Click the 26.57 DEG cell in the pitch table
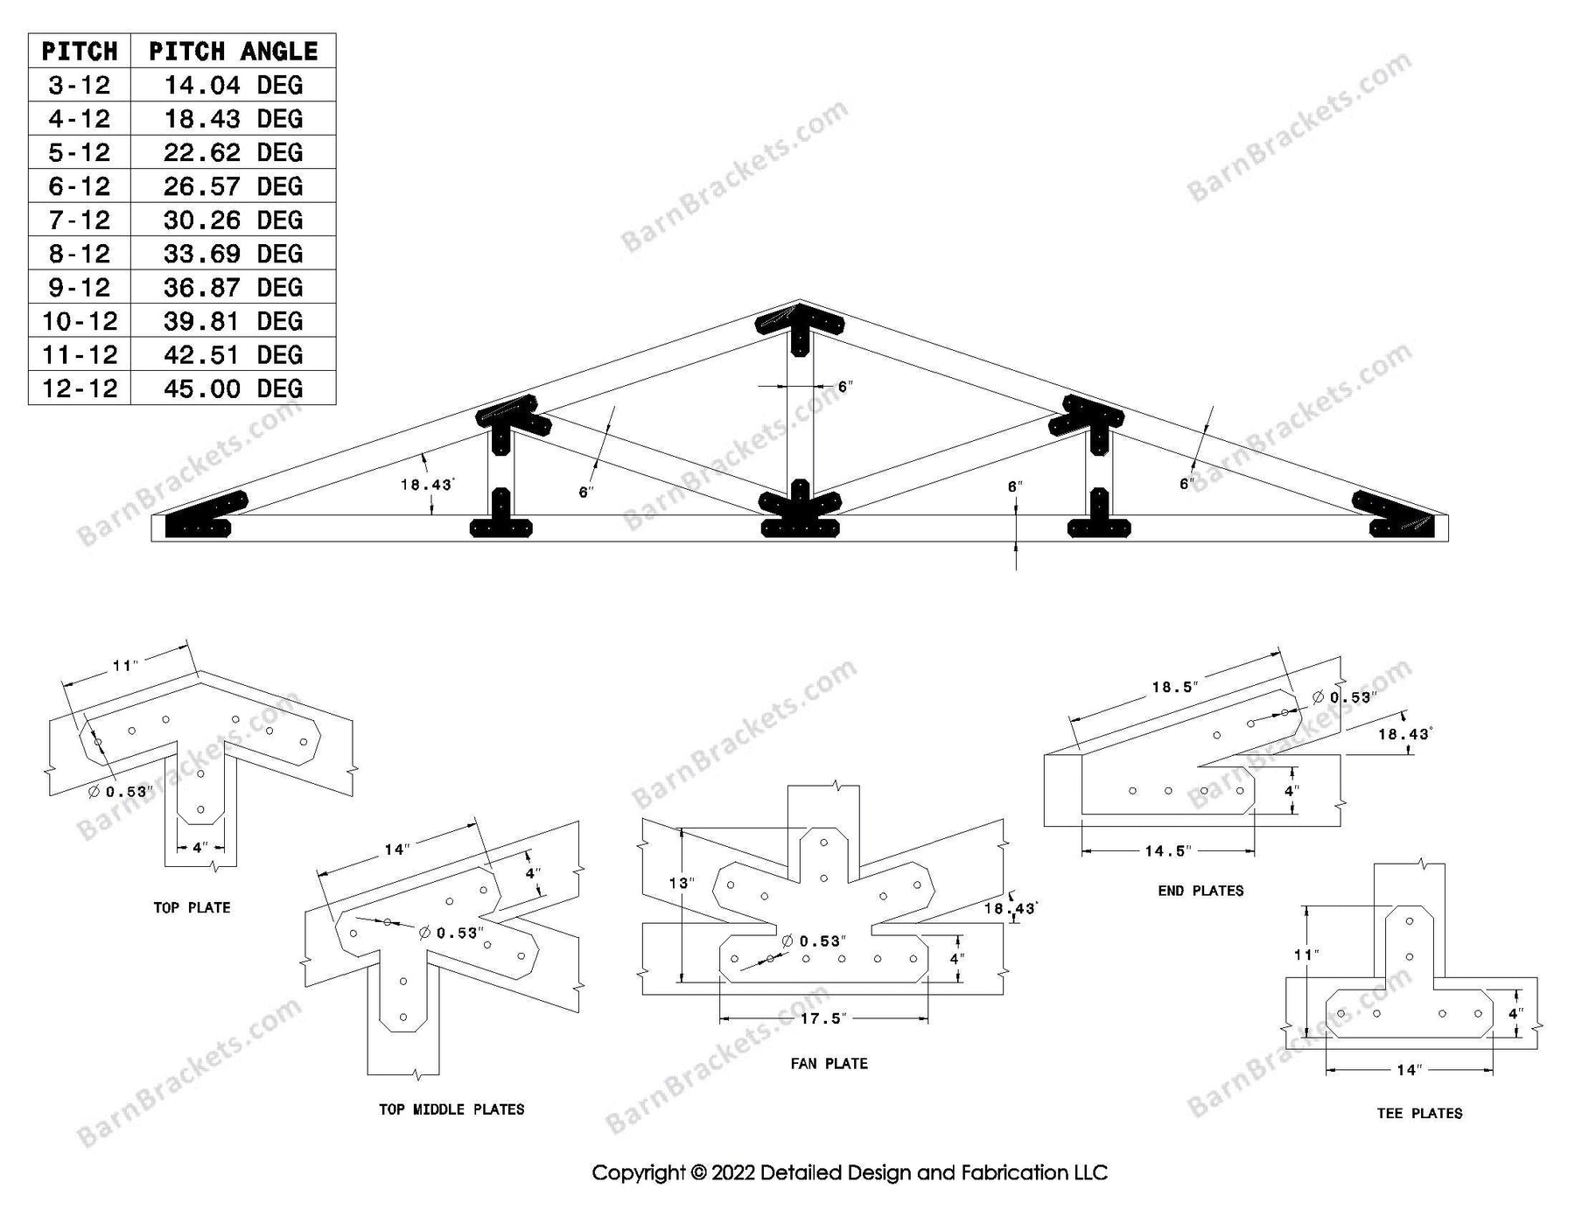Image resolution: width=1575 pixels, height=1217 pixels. pos(233,186)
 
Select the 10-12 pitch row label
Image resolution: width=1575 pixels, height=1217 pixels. pos(80,321)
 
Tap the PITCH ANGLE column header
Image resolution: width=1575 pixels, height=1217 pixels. pos(233,52)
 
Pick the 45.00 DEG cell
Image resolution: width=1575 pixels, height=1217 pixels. pos(233,388)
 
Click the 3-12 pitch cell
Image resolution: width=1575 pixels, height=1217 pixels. pos(80,86)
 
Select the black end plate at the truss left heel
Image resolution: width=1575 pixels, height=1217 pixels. pos(203,518)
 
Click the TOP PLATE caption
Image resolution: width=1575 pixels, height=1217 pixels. pos(192,908)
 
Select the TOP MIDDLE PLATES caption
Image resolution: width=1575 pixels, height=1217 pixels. pos(451,1109)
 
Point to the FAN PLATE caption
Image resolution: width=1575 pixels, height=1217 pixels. pos(829,1064)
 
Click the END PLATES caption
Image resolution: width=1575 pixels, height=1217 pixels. pos(1200,891)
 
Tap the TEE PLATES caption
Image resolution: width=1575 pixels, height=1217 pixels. pos(1419,1114)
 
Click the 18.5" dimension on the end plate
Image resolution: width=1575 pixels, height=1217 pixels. pos(1173,688)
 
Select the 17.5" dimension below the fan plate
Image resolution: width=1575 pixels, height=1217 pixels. pos(822,1018)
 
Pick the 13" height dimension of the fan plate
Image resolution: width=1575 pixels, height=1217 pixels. pos(681,884)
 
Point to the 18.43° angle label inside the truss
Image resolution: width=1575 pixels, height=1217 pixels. pos(427,485)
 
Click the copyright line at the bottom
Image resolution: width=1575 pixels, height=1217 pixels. pos(850,1172)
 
